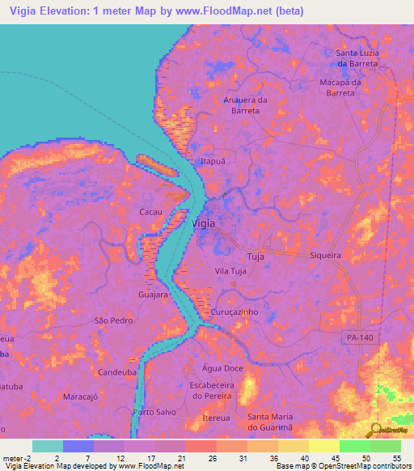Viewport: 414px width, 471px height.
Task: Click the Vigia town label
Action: pos(203,223)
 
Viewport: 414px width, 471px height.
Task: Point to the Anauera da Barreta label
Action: pos(244,105)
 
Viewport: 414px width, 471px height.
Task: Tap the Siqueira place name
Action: pos(325,255)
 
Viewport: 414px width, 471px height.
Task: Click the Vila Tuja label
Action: pos(230,271)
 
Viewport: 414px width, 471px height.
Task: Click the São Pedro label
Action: pos(113,320)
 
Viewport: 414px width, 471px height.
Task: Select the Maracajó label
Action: pos(80,397)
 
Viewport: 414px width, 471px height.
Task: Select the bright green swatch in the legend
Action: pos(355,446)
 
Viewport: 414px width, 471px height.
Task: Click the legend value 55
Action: pos(396,458)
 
